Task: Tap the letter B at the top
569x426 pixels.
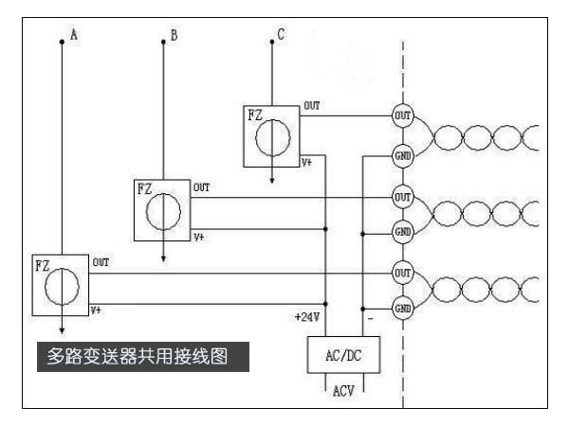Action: click(x=174, y=35)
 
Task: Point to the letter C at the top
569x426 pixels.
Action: click(x=280, y=35)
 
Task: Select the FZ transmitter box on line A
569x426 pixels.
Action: click(x=58, y=285)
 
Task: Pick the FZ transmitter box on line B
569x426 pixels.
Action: click(x=162, y=207)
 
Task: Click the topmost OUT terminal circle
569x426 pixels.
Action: click(x=402, y=115)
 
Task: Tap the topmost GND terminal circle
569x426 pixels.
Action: click(x=402, y=153)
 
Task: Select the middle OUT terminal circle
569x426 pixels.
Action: click(x=402, y=196)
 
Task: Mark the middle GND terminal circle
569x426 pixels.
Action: click(x=402, y=231)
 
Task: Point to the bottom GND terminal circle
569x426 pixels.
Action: click(x=402, y=309)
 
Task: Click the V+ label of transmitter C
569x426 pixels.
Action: click(x=308, y=163)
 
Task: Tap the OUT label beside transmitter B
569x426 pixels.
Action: click(x=201, y=188)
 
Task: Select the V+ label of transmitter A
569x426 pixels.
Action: click(x=97, y=310)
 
